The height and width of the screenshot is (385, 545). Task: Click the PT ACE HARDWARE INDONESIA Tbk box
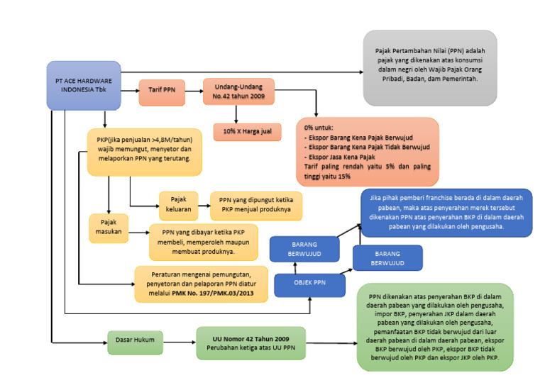click(x=82, y=85)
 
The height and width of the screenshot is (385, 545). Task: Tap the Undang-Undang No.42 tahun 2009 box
click(x=236, y=92)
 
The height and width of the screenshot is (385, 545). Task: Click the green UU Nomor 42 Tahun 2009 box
click(x=251, y=343)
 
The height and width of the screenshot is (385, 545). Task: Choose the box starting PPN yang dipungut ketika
click(x=255, y=206)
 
